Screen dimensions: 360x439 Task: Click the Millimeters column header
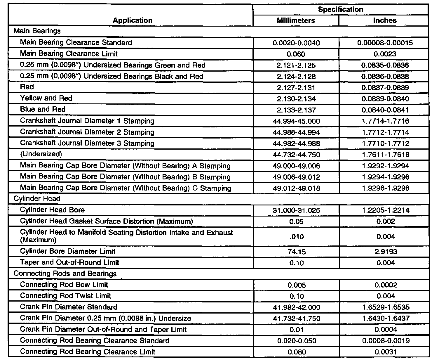point(296,20)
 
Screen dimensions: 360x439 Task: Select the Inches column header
point(385,20)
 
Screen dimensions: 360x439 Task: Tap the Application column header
point(133,20)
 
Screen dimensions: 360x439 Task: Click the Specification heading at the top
point(340,10)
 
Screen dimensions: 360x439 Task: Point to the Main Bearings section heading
point(37,31)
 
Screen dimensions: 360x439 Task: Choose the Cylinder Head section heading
point(37,199)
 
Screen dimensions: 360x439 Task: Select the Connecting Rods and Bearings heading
point(65,274)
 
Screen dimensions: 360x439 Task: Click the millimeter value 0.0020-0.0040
point(296,43)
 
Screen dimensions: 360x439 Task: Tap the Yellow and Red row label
point(46,98)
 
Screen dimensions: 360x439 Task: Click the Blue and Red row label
point(43,109)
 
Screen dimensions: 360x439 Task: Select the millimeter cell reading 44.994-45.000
point(296,121)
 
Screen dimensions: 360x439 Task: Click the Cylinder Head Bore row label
point(52,210)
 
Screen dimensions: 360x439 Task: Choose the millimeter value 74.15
point(296,252)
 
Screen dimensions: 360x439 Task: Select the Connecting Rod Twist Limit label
point(65,296)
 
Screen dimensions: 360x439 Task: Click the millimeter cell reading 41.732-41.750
point(296,319)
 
